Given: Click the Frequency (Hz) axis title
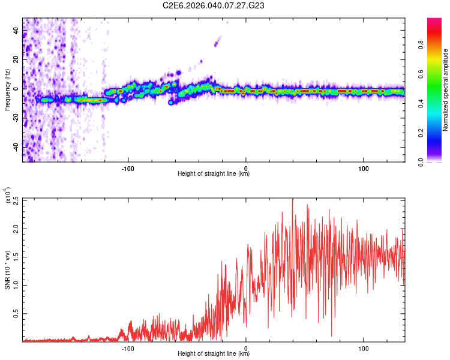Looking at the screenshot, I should pyautogui.click(x=7, y=90).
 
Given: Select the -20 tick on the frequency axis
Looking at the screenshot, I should pyautogui.click(x=16, y=118).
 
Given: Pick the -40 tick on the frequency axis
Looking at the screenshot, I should pyautogui.click(x=16, y=146).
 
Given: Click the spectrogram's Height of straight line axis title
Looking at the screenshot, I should pyautogui.click(x=214, y=174).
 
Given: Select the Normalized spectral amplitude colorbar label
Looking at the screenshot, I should pyautogui.click(x=446, y=90).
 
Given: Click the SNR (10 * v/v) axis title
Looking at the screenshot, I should pyautogui.click(x=8, y=270).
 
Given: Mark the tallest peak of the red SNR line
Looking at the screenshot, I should pyautogui.click(x=292, y=199).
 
